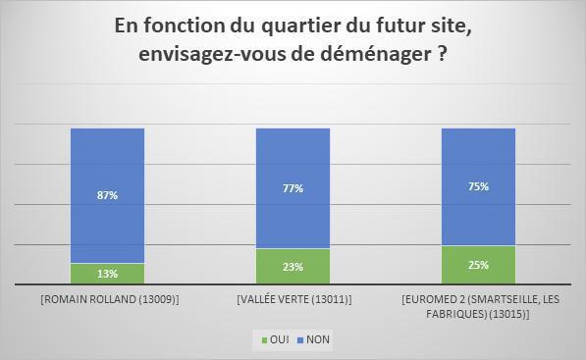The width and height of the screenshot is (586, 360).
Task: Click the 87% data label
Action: pos(108,195)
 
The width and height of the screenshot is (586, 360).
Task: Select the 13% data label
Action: pos(108,275)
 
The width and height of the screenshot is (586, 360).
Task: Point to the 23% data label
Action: pos(293,267)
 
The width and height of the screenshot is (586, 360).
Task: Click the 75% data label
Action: pos(478,186)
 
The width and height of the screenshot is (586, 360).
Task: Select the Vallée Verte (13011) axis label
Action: pos(293,298)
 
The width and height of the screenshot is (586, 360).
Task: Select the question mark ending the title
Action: pos(443,54)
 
